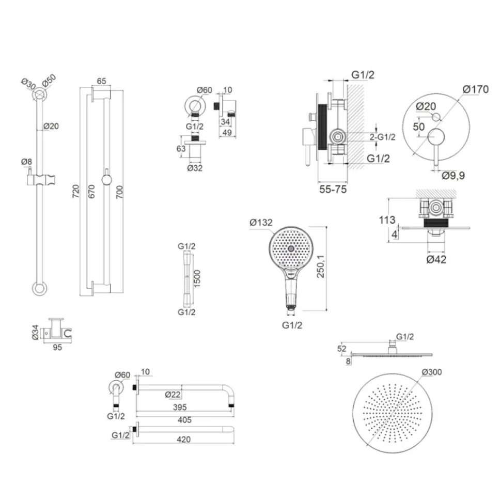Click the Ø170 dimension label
click(476, 89)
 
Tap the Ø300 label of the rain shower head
click(432, 372)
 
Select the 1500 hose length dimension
click(197, 278)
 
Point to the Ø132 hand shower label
click(261, 223)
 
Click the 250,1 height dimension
click(320, 266)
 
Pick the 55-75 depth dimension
click(333, 190)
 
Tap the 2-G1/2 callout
click(382, 137)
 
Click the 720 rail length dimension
click(75, 191)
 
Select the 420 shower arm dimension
click(183, 440)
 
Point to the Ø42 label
click(436, 259)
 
